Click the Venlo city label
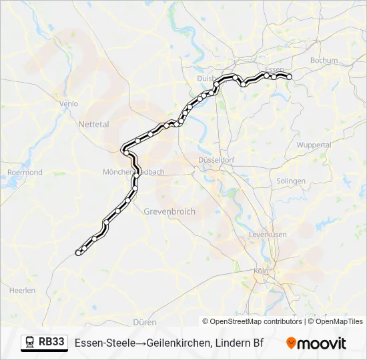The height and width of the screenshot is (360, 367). pos(69,103)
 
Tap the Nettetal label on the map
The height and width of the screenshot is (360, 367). pos(93,124)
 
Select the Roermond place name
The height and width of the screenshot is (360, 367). pos(25,172)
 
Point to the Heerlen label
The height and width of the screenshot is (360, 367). pos(22,290)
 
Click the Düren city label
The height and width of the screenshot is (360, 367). pos(145,321)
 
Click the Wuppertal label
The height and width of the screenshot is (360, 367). pos(314,145)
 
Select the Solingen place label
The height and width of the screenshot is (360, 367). pos(291,181)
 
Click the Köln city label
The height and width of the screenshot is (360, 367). pos(260,271)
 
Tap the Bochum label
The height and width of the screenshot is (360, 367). pos(324,60)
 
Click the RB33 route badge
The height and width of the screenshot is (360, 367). pos(52,343)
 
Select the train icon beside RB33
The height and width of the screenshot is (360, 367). pos(30,343)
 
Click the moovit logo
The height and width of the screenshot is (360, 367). pos(316,343)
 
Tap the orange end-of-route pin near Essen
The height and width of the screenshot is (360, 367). pos(290,77)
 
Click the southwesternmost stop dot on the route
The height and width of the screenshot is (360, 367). pos(78,253)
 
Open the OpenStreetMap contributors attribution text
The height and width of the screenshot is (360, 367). pos(256,321)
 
